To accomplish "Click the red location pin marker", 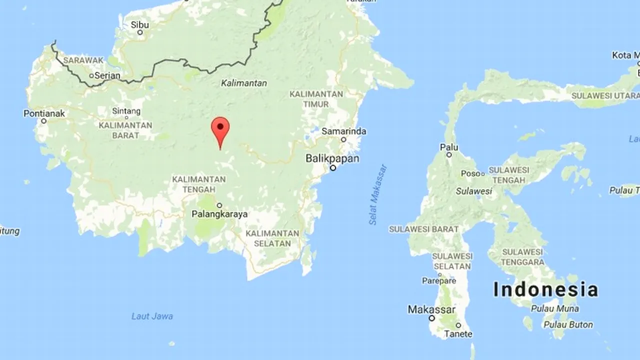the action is coord(220,128).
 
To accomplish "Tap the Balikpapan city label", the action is coord(332,158).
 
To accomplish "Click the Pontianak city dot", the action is coord(44,121).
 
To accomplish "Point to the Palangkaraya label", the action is coord(219,214).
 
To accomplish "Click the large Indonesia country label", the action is coord(545,289).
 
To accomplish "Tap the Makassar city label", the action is coord(431,309).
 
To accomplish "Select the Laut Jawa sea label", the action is coord(152,316).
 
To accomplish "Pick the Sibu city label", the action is coord(140,24).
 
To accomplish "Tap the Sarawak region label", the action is coord(83,60).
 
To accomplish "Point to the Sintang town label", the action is coord(126,111).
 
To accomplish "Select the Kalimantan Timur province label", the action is coord(316,99).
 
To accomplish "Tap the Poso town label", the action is coord(470,173).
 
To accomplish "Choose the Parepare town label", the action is coord(438,281).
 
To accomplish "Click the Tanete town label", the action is coord(458,334).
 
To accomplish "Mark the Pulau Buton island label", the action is coord(568,324).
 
